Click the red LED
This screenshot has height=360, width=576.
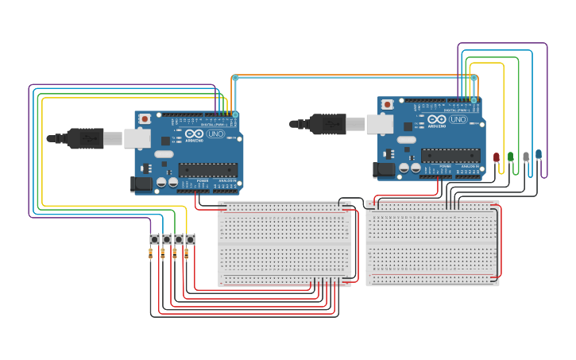tap(497, 157)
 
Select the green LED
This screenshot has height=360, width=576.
tap(511, 157)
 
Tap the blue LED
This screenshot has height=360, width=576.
tap(539, 155)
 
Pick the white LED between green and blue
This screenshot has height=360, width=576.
tap(525, 157)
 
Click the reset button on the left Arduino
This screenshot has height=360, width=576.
tap(145, 119)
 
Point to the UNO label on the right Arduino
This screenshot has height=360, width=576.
tap(458, 120)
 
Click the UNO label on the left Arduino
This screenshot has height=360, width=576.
tap(215, 134)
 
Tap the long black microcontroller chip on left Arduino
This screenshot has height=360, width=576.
tap(207, 169)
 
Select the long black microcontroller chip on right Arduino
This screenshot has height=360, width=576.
tap(450, 155)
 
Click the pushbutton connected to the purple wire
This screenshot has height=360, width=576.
tap(154, 239)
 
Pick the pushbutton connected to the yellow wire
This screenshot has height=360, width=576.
tap(190, 239)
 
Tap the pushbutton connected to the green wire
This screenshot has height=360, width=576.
tap(178, 239)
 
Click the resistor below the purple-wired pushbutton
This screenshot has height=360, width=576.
tap(151, 254)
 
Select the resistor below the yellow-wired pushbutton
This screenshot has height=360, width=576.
tap(187, 254)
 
